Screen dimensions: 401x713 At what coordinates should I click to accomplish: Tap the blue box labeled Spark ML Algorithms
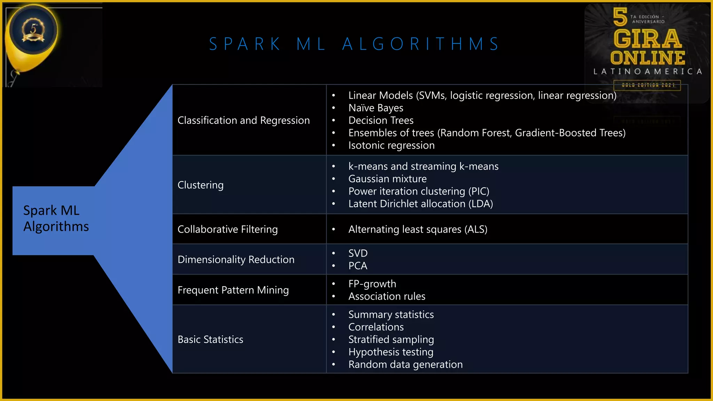(x=56, y=219)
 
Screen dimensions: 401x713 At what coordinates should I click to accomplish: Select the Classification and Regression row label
(x=243, y=120)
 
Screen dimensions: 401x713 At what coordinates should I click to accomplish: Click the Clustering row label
(x=201, y=185)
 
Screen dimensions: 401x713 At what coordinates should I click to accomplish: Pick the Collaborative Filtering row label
(x=227, y=229)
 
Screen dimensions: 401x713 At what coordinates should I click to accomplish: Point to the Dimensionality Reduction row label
(x=236, y=260)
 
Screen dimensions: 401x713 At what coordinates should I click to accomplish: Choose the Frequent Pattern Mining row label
(x=233, y=290)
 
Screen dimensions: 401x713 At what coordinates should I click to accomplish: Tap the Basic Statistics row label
(x=210, y=340)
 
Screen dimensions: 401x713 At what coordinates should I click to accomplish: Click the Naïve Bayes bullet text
(x=376, y=108)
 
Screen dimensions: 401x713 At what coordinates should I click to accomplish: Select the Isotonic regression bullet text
(x=391, y=146)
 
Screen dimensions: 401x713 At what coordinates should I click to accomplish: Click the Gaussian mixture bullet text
(x=387, y=179)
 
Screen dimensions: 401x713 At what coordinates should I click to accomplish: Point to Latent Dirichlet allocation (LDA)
(x=420, y=204)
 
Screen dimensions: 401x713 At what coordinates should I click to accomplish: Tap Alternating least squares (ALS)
(x=417, y=229)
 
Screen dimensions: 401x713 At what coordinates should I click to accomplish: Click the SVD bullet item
(x=358, y=253)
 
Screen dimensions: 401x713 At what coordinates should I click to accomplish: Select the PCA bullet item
(x=358, y=266)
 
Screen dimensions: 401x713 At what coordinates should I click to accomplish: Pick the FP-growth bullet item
(x=372, y=284)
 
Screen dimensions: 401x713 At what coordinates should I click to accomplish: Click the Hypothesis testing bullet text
(x=391, y=352)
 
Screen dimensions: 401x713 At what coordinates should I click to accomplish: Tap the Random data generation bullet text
(x=405, y=365)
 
